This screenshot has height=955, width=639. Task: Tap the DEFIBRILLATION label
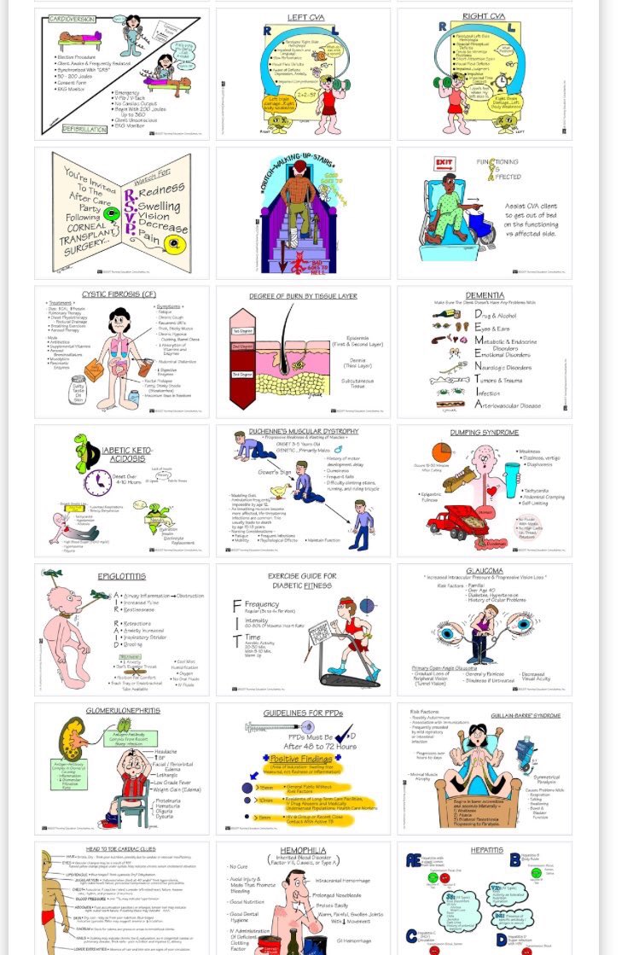coord(84,129)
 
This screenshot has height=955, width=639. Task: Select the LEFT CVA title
coord(303,16)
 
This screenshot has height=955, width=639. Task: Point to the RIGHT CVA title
coord(484,16)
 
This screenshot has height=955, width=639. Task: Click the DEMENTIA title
coord(484,294)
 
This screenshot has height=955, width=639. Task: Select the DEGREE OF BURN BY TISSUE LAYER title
coord(303,296)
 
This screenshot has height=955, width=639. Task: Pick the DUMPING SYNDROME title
coord(484,433)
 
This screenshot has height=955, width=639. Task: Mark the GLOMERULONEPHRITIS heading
coord(121,710)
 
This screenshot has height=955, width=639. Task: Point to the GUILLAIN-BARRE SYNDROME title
coord(525,715)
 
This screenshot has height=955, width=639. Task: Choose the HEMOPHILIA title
coord(303,851)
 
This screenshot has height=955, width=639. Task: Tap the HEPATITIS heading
coord(486,850)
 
